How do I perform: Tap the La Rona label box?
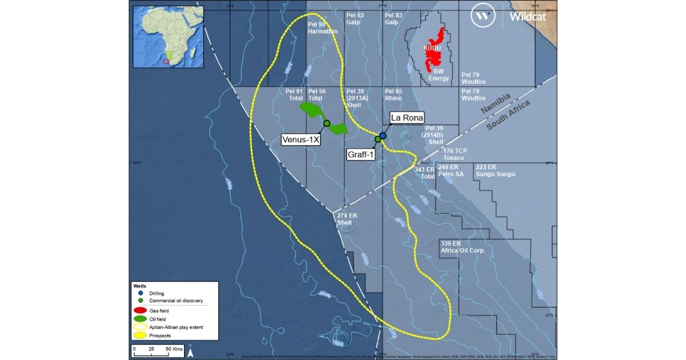[406, 118]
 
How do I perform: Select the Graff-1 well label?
[361, 154]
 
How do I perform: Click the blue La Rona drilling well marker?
[383, 135]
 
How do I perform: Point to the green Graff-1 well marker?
[378, 139]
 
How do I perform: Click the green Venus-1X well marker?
[327, 123]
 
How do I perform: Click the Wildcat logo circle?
[483, 17]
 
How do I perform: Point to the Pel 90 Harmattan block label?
[322, 28]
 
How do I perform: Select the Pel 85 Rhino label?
[394, 94]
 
